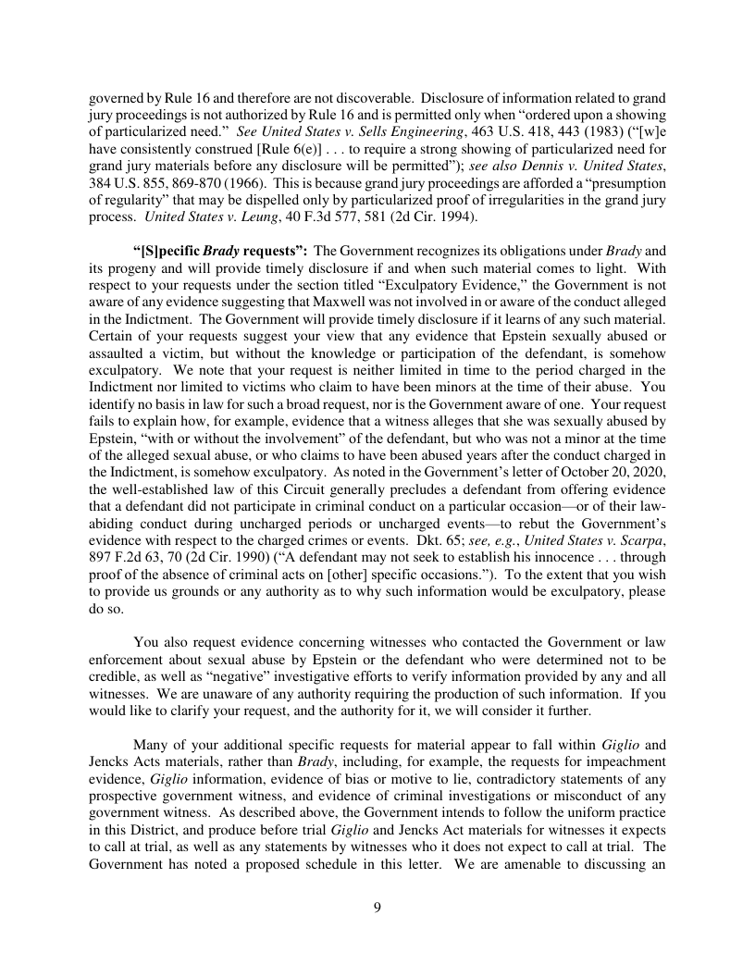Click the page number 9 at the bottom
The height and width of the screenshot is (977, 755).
point(377,907)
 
